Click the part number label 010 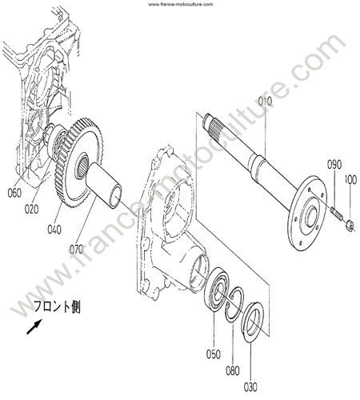point(265,102)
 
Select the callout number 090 point(334,164)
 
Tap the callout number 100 point(350,180)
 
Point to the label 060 point(14,193)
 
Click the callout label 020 point(31,209)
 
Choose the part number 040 point(54,229)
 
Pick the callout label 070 point(76,249)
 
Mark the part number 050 point(214,354)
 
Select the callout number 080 point(233,370)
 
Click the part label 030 point(250,387)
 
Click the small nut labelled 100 point(350,225)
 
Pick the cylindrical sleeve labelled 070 point(105,185)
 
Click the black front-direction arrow point(34,326)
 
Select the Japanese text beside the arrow point(57,306)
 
